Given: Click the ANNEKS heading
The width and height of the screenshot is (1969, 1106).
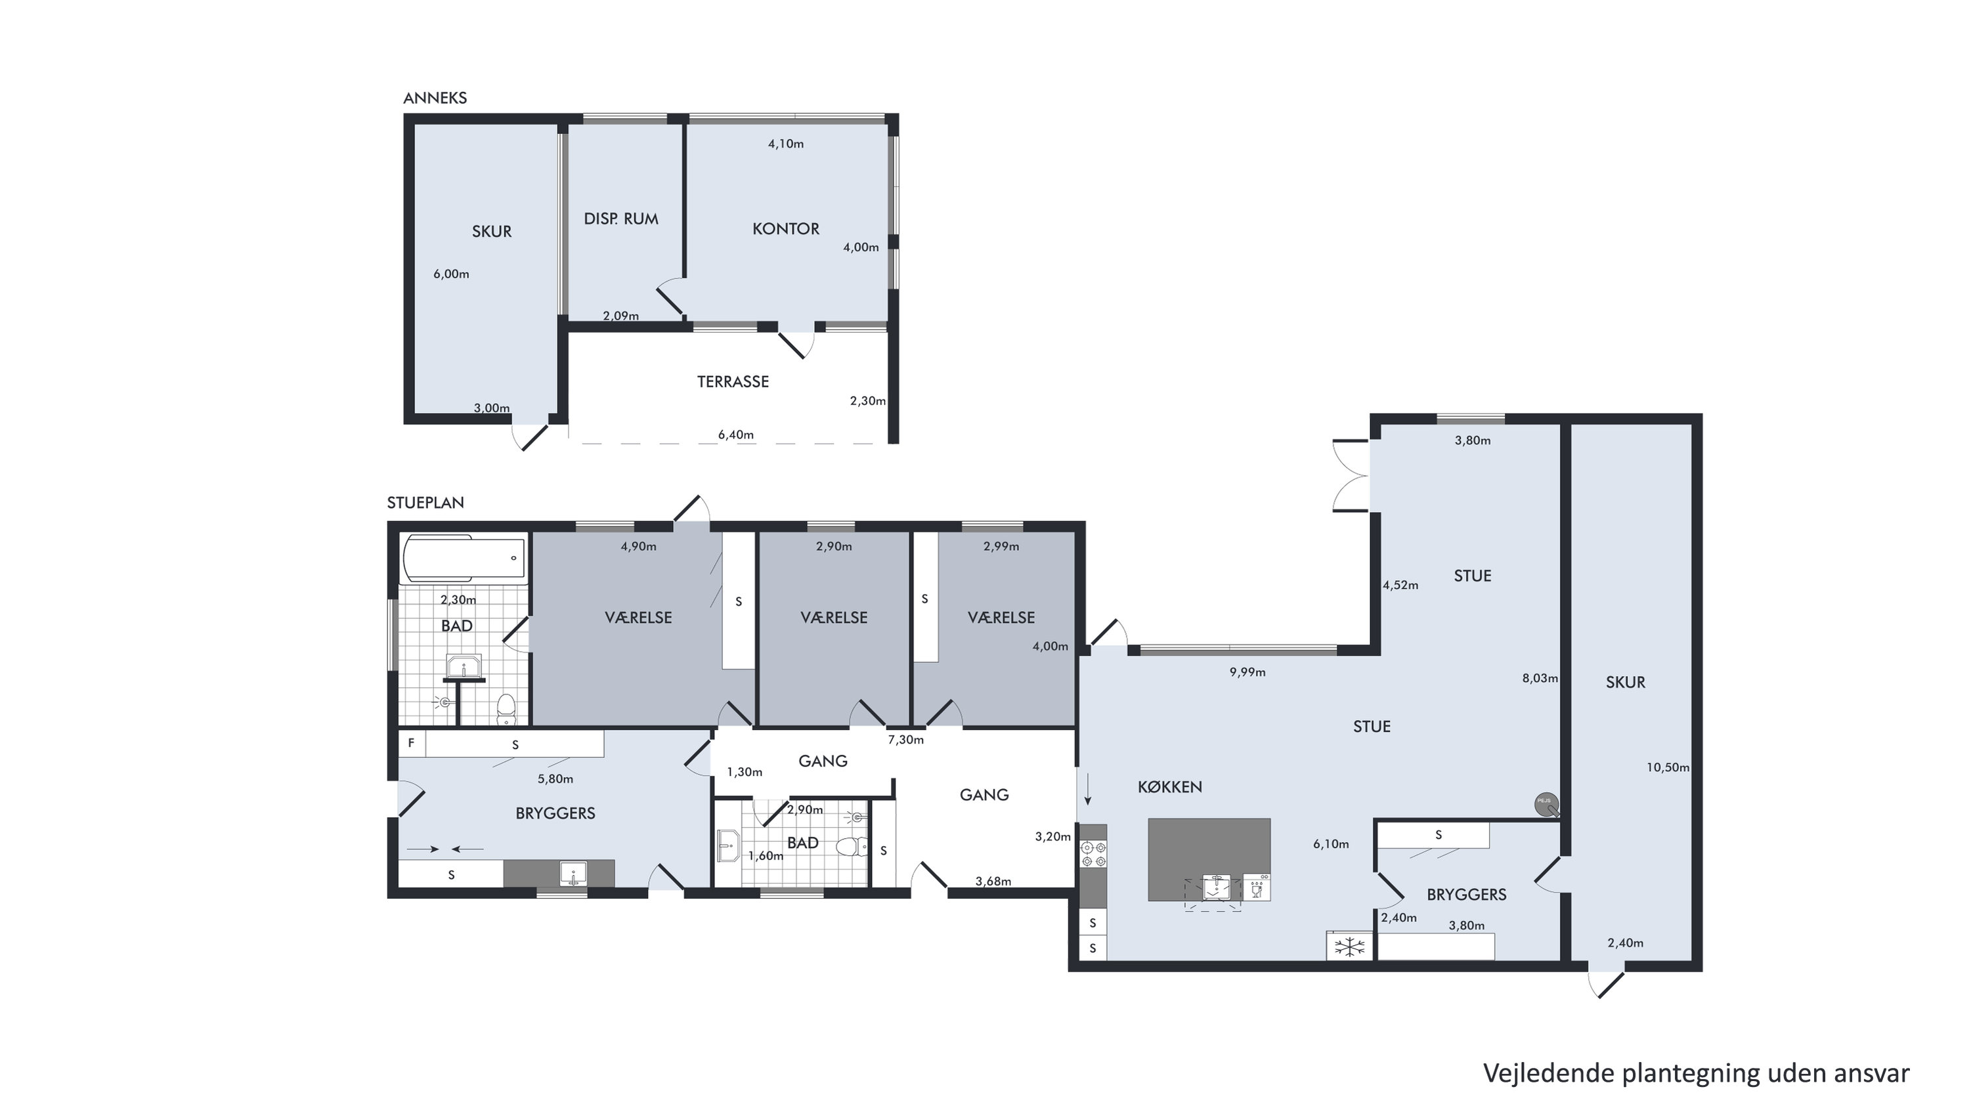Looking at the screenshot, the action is [x=435, y=98].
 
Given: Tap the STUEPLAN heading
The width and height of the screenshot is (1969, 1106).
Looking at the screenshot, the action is [x=425, y=503].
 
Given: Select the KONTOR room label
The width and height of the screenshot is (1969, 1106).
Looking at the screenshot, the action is [x=786, y=228].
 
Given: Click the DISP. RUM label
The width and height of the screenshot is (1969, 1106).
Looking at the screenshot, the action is [x=620, y=219].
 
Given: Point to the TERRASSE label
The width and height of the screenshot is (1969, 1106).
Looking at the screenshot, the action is [x=732, y=381].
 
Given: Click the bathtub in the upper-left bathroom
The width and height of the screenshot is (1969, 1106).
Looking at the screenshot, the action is [x=464, y=559].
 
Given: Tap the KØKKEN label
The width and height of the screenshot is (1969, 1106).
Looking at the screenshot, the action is [x=1169, y=786].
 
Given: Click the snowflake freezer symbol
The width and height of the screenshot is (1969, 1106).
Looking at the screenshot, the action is [x=1350, y=947].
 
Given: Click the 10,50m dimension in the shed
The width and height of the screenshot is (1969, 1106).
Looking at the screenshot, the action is [x=1668, y=767].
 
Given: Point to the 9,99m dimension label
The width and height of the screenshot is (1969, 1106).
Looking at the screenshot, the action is [x=1247, y=673].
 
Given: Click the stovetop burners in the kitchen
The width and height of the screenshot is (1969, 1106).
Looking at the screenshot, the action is [x=1093, y=854].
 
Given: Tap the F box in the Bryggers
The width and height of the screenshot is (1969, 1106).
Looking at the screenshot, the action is [x=411, y=743].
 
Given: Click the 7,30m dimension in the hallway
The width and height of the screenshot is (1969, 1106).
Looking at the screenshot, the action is [x=906, y=740].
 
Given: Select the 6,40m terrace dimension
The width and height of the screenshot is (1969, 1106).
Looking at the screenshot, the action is [x=735, y=435].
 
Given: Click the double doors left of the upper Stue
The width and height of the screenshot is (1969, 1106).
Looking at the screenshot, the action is [x=1351, y=475].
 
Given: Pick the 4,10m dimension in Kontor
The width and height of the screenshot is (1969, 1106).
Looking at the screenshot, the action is [x=786, y=144].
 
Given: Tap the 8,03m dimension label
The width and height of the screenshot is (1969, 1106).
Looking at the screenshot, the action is [x=1540, y=678].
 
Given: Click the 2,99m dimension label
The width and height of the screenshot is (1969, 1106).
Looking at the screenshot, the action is [x=1001, y=547].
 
